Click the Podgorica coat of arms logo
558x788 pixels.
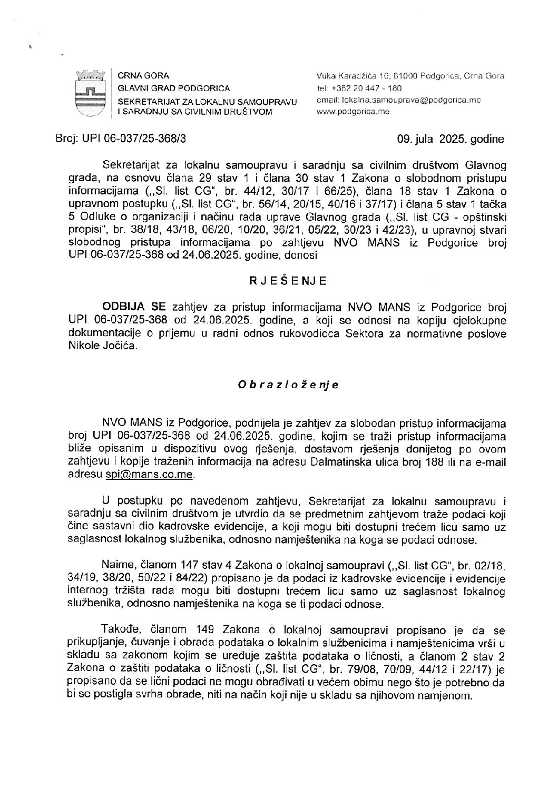[x=88, y=93]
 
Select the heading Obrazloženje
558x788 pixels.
[x=288, y=385]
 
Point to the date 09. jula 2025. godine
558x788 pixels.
[x=451, y=140]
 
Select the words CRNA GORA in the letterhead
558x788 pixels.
[x=136, y=76]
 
